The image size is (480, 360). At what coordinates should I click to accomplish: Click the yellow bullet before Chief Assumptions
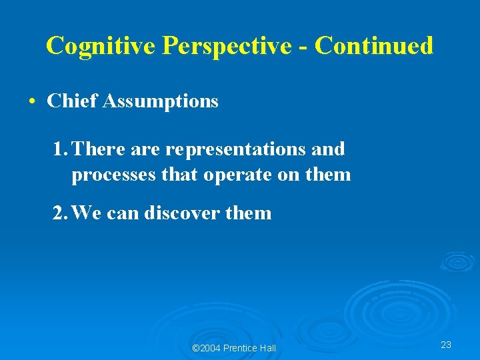(32, 101)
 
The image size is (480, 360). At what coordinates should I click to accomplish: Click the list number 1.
(59, 149)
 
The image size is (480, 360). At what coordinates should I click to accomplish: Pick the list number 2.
(59, 213)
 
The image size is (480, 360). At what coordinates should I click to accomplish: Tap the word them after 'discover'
(249, 213)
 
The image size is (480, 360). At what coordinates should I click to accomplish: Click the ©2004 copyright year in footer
(207, 348)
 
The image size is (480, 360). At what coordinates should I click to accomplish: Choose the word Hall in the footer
(268, 348)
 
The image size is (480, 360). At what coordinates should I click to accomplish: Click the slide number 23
(446, 345)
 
